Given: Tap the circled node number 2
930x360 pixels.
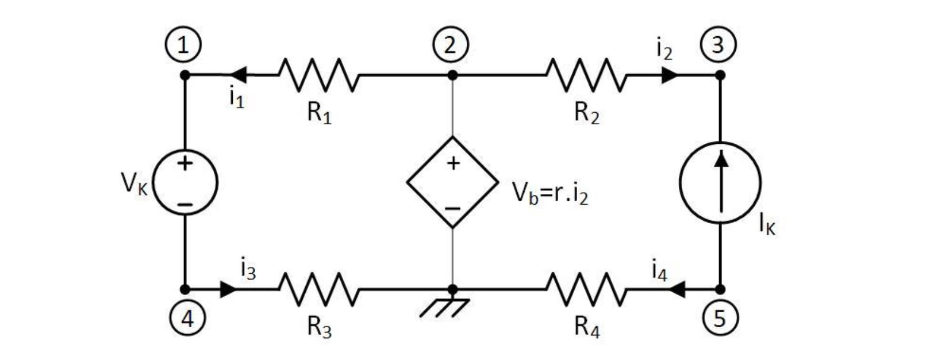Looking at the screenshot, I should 451,44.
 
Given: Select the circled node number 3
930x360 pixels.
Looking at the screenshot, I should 718,44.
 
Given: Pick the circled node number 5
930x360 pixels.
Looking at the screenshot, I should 720,317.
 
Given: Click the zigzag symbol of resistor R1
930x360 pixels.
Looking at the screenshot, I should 318,75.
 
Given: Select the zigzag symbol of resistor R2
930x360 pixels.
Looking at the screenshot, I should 585,75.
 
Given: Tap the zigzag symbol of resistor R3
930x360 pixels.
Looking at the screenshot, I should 318,289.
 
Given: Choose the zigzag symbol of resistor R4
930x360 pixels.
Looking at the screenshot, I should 585,289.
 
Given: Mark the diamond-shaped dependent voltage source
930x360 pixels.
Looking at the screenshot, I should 452,182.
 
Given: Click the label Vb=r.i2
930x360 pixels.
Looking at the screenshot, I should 551,194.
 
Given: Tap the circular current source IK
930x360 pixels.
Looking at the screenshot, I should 720,182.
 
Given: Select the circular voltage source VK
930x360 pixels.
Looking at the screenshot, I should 185,182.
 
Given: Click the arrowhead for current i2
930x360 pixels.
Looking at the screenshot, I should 669,75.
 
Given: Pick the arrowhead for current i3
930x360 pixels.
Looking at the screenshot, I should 229,289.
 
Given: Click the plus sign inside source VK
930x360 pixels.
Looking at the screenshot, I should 185,163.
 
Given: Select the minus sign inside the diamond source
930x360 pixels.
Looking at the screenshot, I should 453,208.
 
